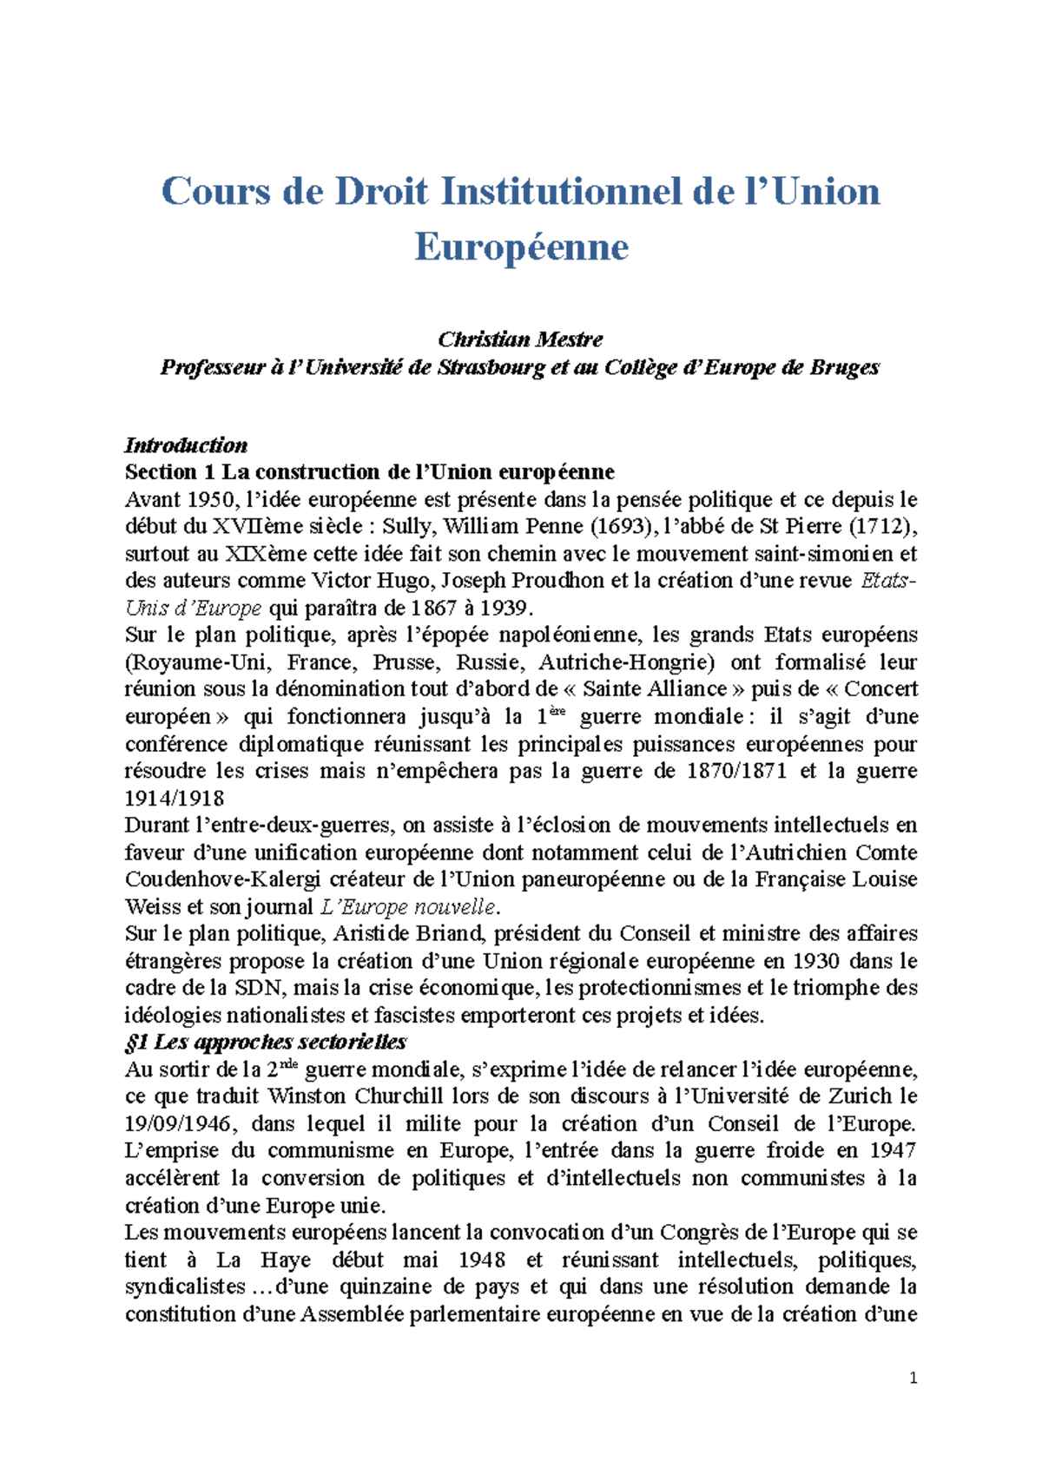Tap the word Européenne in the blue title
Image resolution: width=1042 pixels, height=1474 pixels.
521,247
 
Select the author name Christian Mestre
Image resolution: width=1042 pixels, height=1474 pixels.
520,339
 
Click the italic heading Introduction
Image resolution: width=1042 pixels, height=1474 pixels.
186,445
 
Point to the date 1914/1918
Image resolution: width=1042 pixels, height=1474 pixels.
175,798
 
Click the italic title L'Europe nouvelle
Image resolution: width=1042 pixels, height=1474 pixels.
408,907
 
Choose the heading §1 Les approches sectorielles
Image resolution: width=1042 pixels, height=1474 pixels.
266,1043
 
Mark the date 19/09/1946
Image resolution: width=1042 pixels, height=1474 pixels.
178,1124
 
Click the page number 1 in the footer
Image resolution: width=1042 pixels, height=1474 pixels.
913,1379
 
